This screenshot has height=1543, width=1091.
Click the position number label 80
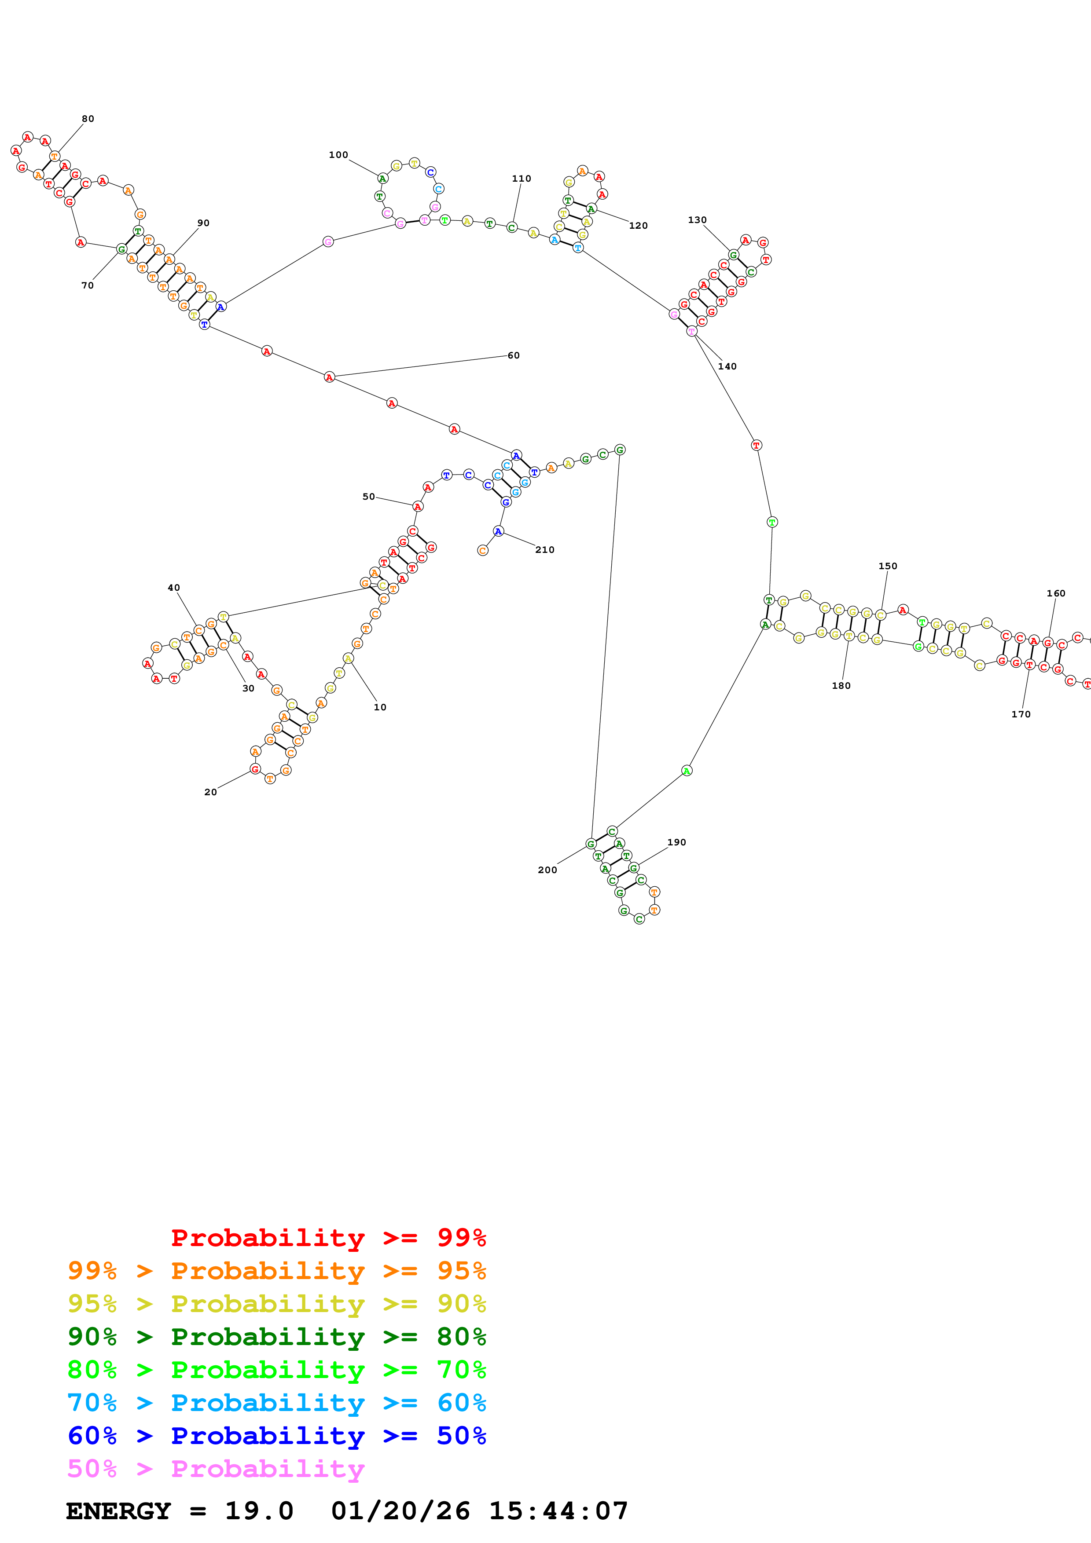point(88,119)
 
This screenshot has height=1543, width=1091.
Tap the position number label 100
point(338,155)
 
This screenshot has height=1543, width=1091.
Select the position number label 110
point(521,179)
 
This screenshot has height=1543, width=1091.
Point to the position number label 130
point(697,220)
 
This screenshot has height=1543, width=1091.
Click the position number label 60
point(514,355)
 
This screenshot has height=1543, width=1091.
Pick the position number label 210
point(544,550)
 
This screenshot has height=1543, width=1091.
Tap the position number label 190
point(676,842)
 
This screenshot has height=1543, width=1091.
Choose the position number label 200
point(547,870)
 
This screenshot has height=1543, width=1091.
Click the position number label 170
point(1021,714)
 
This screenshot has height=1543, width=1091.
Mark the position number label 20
point(210,792)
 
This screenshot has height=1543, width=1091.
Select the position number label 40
point(173,588)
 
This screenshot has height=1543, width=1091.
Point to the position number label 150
point(887,566)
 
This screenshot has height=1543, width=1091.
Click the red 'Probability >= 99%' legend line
point(328,1237)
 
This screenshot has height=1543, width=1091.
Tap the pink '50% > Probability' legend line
point(216,1468)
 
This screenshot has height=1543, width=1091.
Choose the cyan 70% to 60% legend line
point(276,1403)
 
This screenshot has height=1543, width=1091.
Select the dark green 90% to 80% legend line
point(276,1337)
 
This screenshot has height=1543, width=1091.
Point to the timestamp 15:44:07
point(558,1511)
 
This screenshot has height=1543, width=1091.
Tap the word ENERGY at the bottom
point(118,1511)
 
